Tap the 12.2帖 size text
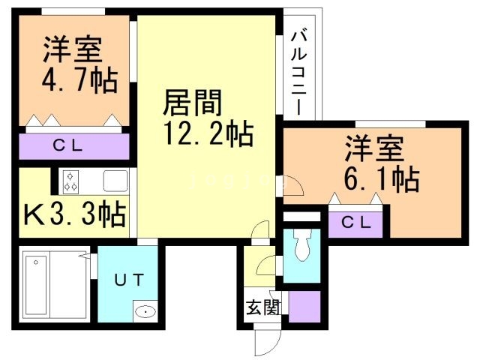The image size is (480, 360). click(208, 135)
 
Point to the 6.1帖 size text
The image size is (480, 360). click(382, 179)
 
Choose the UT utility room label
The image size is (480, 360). click(129, 280)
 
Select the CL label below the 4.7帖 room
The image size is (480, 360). click(73, 145)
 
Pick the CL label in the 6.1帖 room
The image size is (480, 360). click(355, 223)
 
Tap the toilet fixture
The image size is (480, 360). click(302, 244)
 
